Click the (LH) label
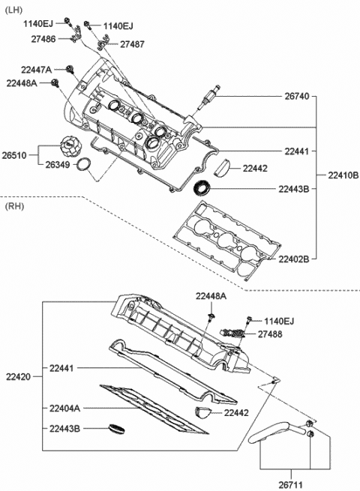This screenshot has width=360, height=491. point(13,10)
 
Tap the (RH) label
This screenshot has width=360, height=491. point(14,206)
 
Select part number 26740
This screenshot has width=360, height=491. point(297,96)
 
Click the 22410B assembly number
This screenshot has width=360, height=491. point(343,175)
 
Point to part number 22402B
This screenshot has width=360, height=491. point(293,259)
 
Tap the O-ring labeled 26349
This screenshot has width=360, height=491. point(84,165)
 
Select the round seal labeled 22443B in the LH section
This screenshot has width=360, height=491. point(202,188)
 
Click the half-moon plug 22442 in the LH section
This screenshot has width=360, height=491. point(222,167)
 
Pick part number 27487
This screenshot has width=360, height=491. point(132,44)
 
